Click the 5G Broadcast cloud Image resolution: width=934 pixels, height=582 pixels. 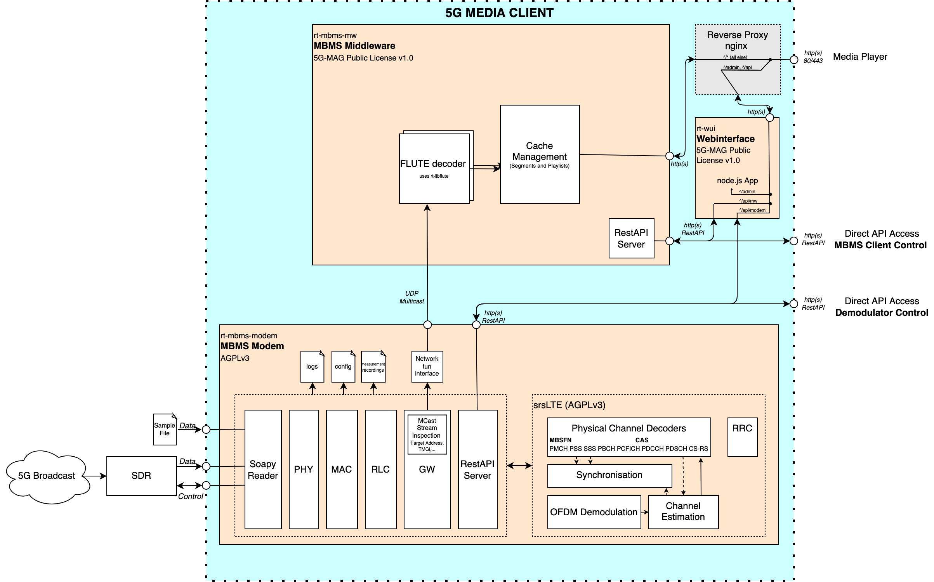tap(47, 476)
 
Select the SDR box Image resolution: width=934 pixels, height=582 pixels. tap(141, 476)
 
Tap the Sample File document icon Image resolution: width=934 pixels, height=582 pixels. tap(165, 429)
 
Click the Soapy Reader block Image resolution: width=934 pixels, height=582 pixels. tap(263, 469)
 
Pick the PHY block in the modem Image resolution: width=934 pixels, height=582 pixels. tap(304, 469)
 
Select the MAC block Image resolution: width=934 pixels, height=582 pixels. tap(342, 469)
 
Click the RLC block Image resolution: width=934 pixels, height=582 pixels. tap(380, 469)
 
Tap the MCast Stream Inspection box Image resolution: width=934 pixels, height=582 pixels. tap(427, 435)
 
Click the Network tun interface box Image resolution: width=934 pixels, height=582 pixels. tap(427, 366)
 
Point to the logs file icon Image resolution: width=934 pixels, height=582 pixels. tap(312, 367)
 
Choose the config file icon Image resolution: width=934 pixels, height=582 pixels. tap(343, 367)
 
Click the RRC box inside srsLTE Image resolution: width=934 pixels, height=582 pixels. tap(742, 437)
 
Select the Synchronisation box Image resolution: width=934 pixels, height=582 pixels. tap(609, 476)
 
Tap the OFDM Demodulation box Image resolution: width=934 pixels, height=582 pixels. tap(594, 512)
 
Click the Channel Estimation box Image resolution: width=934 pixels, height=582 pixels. tap(683, 512)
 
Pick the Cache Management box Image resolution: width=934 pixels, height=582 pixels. tap(540, 154)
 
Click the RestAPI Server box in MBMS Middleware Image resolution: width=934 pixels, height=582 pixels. tap(631, 238)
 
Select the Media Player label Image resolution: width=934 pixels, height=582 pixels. tap(860, 57)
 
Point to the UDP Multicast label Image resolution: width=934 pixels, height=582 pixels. tap(411, 297)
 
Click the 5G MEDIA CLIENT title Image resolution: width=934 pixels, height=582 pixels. tap(499, 13)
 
